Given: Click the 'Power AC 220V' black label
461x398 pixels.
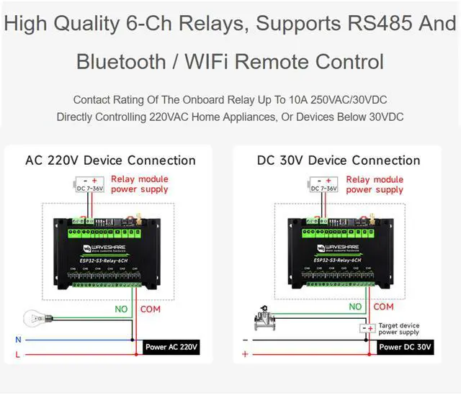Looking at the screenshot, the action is (x=171, y=347).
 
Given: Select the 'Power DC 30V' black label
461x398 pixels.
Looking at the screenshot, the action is (x=405, y=347).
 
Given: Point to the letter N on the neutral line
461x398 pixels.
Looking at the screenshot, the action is (x=19, y=339).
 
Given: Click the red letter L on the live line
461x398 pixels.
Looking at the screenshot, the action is (x=19, y=354).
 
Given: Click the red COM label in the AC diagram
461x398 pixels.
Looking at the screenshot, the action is (x=151, y=309).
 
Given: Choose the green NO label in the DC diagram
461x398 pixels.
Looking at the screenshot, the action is (x=355, y=307).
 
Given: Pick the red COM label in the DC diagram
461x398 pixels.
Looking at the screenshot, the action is (x=383, y=307).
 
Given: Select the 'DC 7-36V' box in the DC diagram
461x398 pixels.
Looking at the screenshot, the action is (x=323, y=185).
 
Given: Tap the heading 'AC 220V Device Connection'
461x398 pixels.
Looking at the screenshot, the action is (x=110, y=160).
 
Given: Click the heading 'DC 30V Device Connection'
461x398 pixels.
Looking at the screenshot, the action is (x=339, y=160).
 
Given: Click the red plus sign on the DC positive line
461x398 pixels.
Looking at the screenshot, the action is (x=245, y=354).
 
